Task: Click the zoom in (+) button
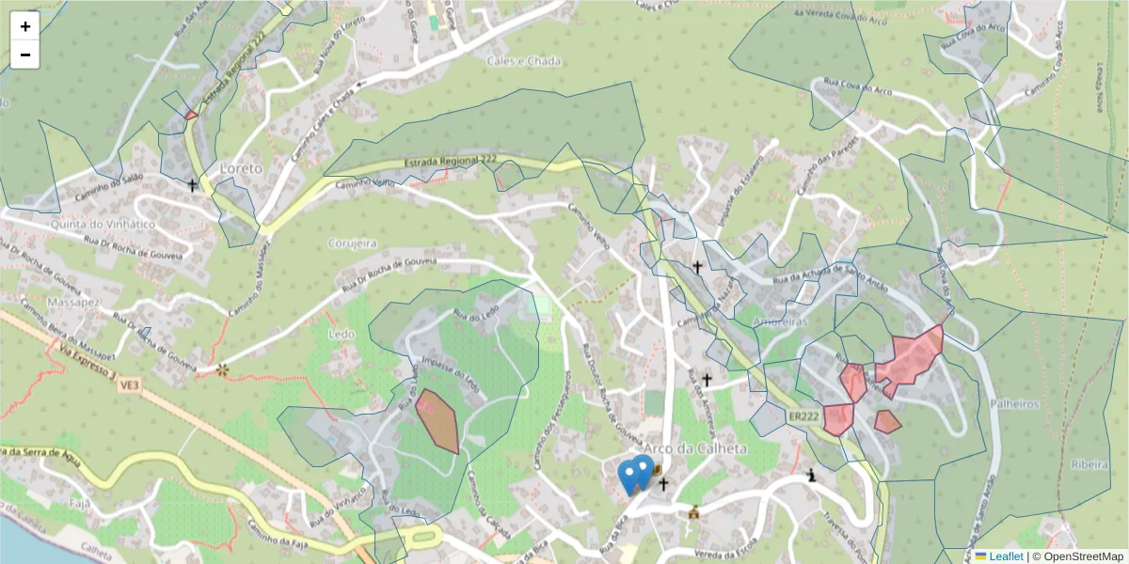pos(24,25)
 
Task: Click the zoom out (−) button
pos(24,55)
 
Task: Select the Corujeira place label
pos(352,243)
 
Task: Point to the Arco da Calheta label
pos(695,448)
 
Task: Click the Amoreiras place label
pos(780,321)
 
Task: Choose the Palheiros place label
pos(1014,403)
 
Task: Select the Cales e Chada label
pos(523,61)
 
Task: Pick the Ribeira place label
pos(1089,465)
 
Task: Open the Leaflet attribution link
pos(1005,556)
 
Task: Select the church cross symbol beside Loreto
pos(193,185)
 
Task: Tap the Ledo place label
pos(341,334)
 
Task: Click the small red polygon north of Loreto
pos(191,116)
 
